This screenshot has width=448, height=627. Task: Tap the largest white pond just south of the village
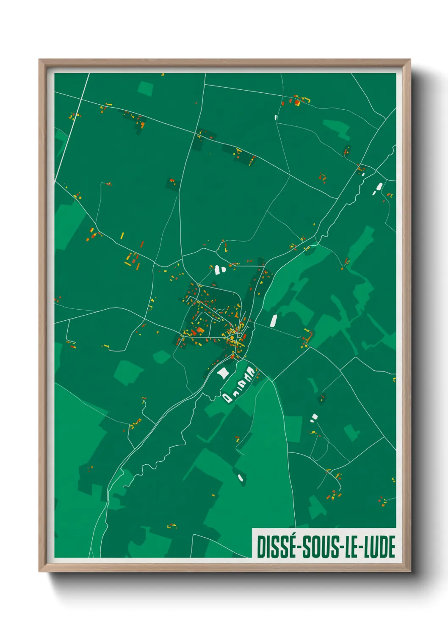click(x=223, y=373)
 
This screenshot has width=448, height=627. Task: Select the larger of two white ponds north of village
click(x=218, y=269)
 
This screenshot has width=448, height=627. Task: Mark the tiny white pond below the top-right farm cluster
click(x=276, y=117)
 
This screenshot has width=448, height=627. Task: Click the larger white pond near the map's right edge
click(x=379, y=186)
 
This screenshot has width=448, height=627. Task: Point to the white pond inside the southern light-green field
click(x=241, y=478)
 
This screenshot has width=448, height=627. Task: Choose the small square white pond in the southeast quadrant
click(x=314, y=416)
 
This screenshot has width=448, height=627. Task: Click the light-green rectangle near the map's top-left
click(x=145, y=89)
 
